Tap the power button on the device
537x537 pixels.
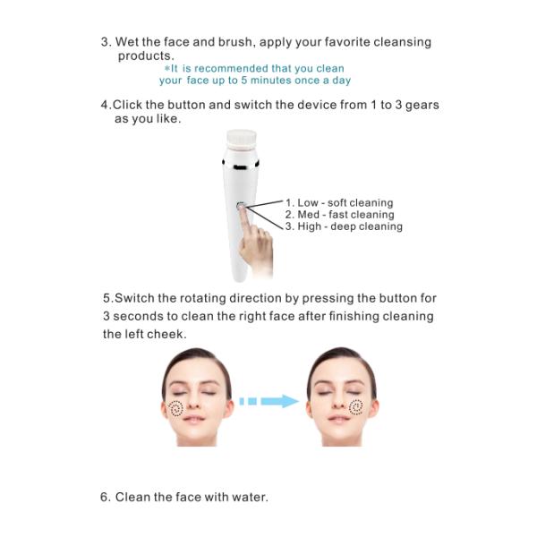241,207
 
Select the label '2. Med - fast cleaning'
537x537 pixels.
339,215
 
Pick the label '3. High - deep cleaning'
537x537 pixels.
344,226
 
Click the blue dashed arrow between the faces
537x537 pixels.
268,401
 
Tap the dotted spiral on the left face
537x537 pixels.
176,409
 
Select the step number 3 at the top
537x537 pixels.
105,42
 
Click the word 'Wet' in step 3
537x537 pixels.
129,42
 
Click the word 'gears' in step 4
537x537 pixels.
421,105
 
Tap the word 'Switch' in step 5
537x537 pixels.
135,298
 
